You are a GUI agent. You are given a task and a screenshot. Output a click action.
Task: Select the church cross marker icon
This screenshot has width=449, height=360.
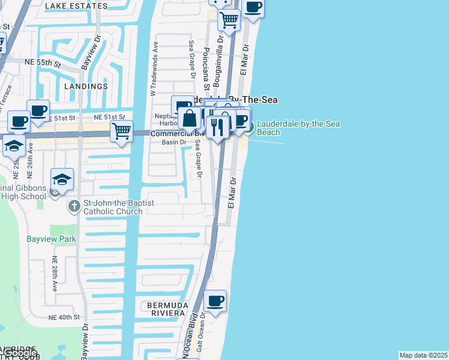coord(74,206)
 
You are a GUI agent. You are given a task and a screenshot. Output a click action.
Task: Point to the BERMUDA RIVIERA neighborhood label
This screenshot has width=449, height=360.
coord(167,309)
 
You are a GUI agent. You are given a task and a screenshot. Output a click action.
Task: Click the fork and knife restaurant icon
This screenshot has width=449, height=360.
coord(217,126)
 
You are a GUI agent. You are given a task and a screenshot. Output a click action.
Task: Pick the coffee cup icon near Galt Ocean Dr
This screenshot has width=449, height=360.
coord(215,300)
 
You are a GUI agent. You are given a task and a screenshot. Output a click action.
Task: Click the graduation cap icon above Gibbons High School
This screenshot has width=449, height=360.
coord(61,178)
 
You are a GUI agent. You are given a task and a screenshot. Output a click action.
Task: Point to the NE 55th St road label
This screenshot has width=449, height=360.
coord(42,62)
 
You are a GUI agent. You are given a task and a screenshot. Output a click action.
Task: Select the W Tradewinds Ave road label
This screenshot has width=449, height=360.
coord(153,68)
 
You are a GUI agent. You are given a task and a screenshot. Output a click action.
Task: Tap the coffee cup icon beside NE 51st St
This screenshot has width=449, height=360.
coord(38,110)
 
